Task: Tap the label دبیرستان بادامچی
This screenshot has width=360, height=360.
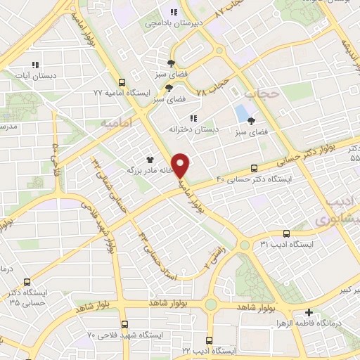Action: coord(164,23)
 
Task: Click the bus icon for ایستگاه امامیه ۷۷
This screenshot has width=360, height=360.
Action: coord(122,82)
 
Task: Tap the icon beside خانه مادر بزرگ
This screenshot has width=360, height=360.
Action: coord(149,160)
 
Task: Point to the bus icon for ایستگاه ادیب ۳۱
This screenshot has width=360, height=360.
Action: coord(286,233)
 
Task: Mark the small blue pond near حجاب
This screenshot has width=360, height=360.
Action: coord(241,112)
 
